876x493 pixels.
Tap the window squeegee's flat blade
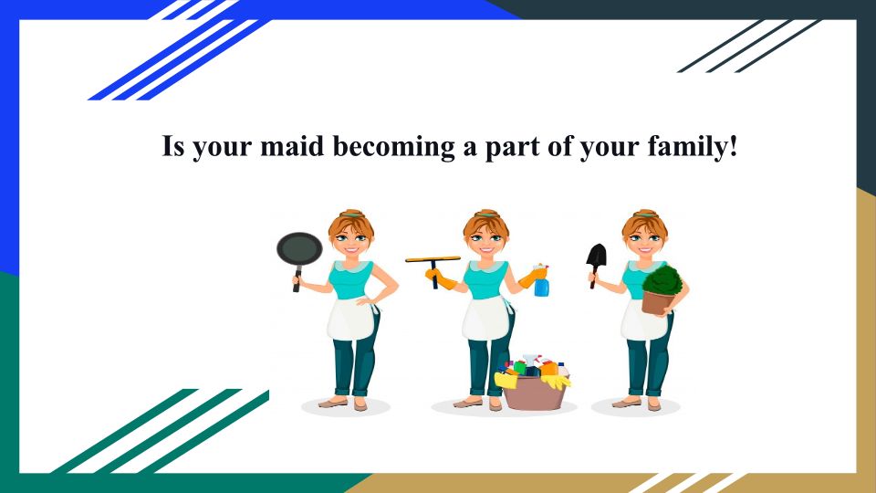coord(433,259)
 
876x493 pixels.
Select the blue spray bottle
coord(541,280)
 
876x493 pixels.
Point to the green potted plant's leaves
coord(662,280)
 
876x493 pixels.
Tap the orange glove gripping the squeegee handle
coord(441,278)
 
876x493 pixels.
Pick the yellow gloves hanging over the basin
coord(556,382)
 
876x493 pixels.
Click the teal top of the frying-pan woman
coord(350,279)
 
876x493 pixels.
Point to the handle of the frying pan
coord(297,278)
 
